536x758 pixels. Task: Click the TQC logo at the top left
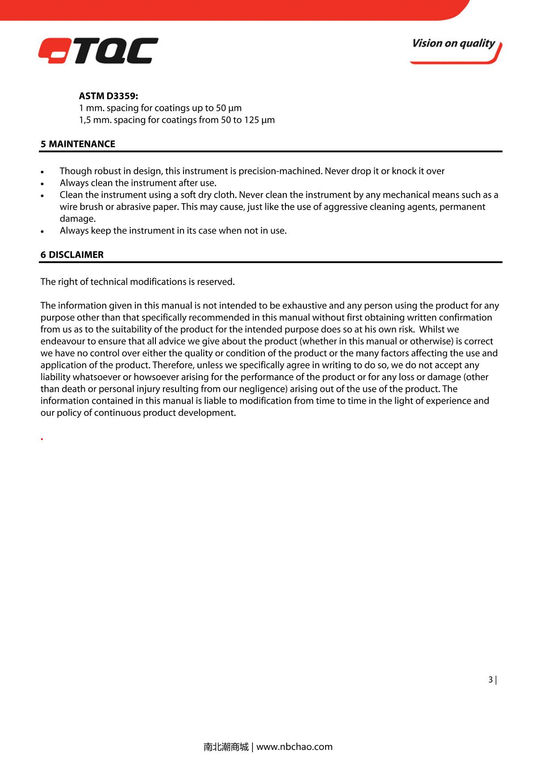[x=98, y=50]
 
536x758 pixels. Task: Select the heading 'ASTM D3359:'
[x=109, y=96]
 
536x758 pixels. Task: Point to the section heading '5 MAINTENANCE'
[x=78, y=144]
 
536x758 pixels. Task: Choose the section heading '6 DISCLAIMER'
[x=72, y=255]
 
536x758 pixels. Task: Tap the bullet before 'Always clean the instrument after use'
[x=42, y=184]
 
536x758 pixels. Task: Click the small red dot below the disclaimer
[x=42, y=439]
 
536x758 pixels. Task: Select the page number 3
[x=490, y=680]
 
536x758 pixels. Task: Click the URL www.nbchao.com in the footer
[x=295, y=746]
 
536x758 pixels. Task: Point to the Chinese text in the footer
[x=226, y=746]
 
